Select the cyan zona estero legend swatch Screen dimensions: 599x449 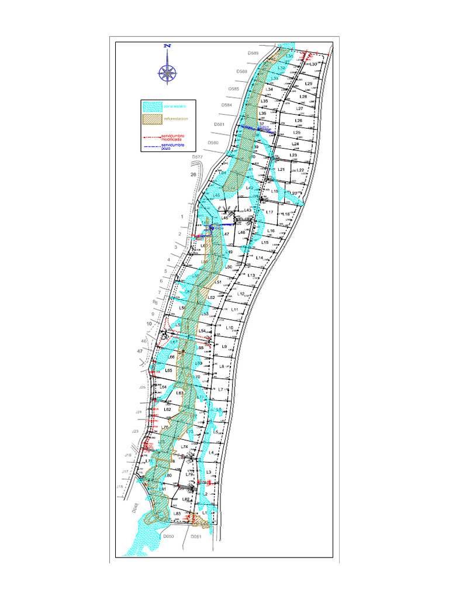tap(153, 106)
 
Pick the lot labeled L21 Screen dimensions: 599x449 tap(281, 170)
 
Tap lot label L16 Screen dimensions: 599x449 tap(271, 232)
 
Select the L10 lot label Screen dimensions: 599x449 tap(230, 328)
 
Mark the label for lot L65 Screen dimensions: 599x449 tap(168, 370)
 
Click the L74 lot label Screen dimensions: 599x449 tap(184, 446)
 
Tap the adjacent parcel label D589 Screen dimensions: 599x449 tap(253, 53)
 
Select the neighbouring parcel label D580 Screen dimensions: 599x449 tap(213, 143)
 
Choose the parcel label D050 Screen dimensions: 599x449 tap(169, 536)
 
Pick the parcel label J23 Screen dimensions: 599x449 tap(135, 431)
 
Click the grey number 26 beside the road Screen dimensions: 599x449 tap(193, 174)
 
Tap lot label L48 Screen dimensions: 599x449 tap(241, 232)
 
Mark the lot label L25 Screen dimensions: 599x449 tap(296, 133)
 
